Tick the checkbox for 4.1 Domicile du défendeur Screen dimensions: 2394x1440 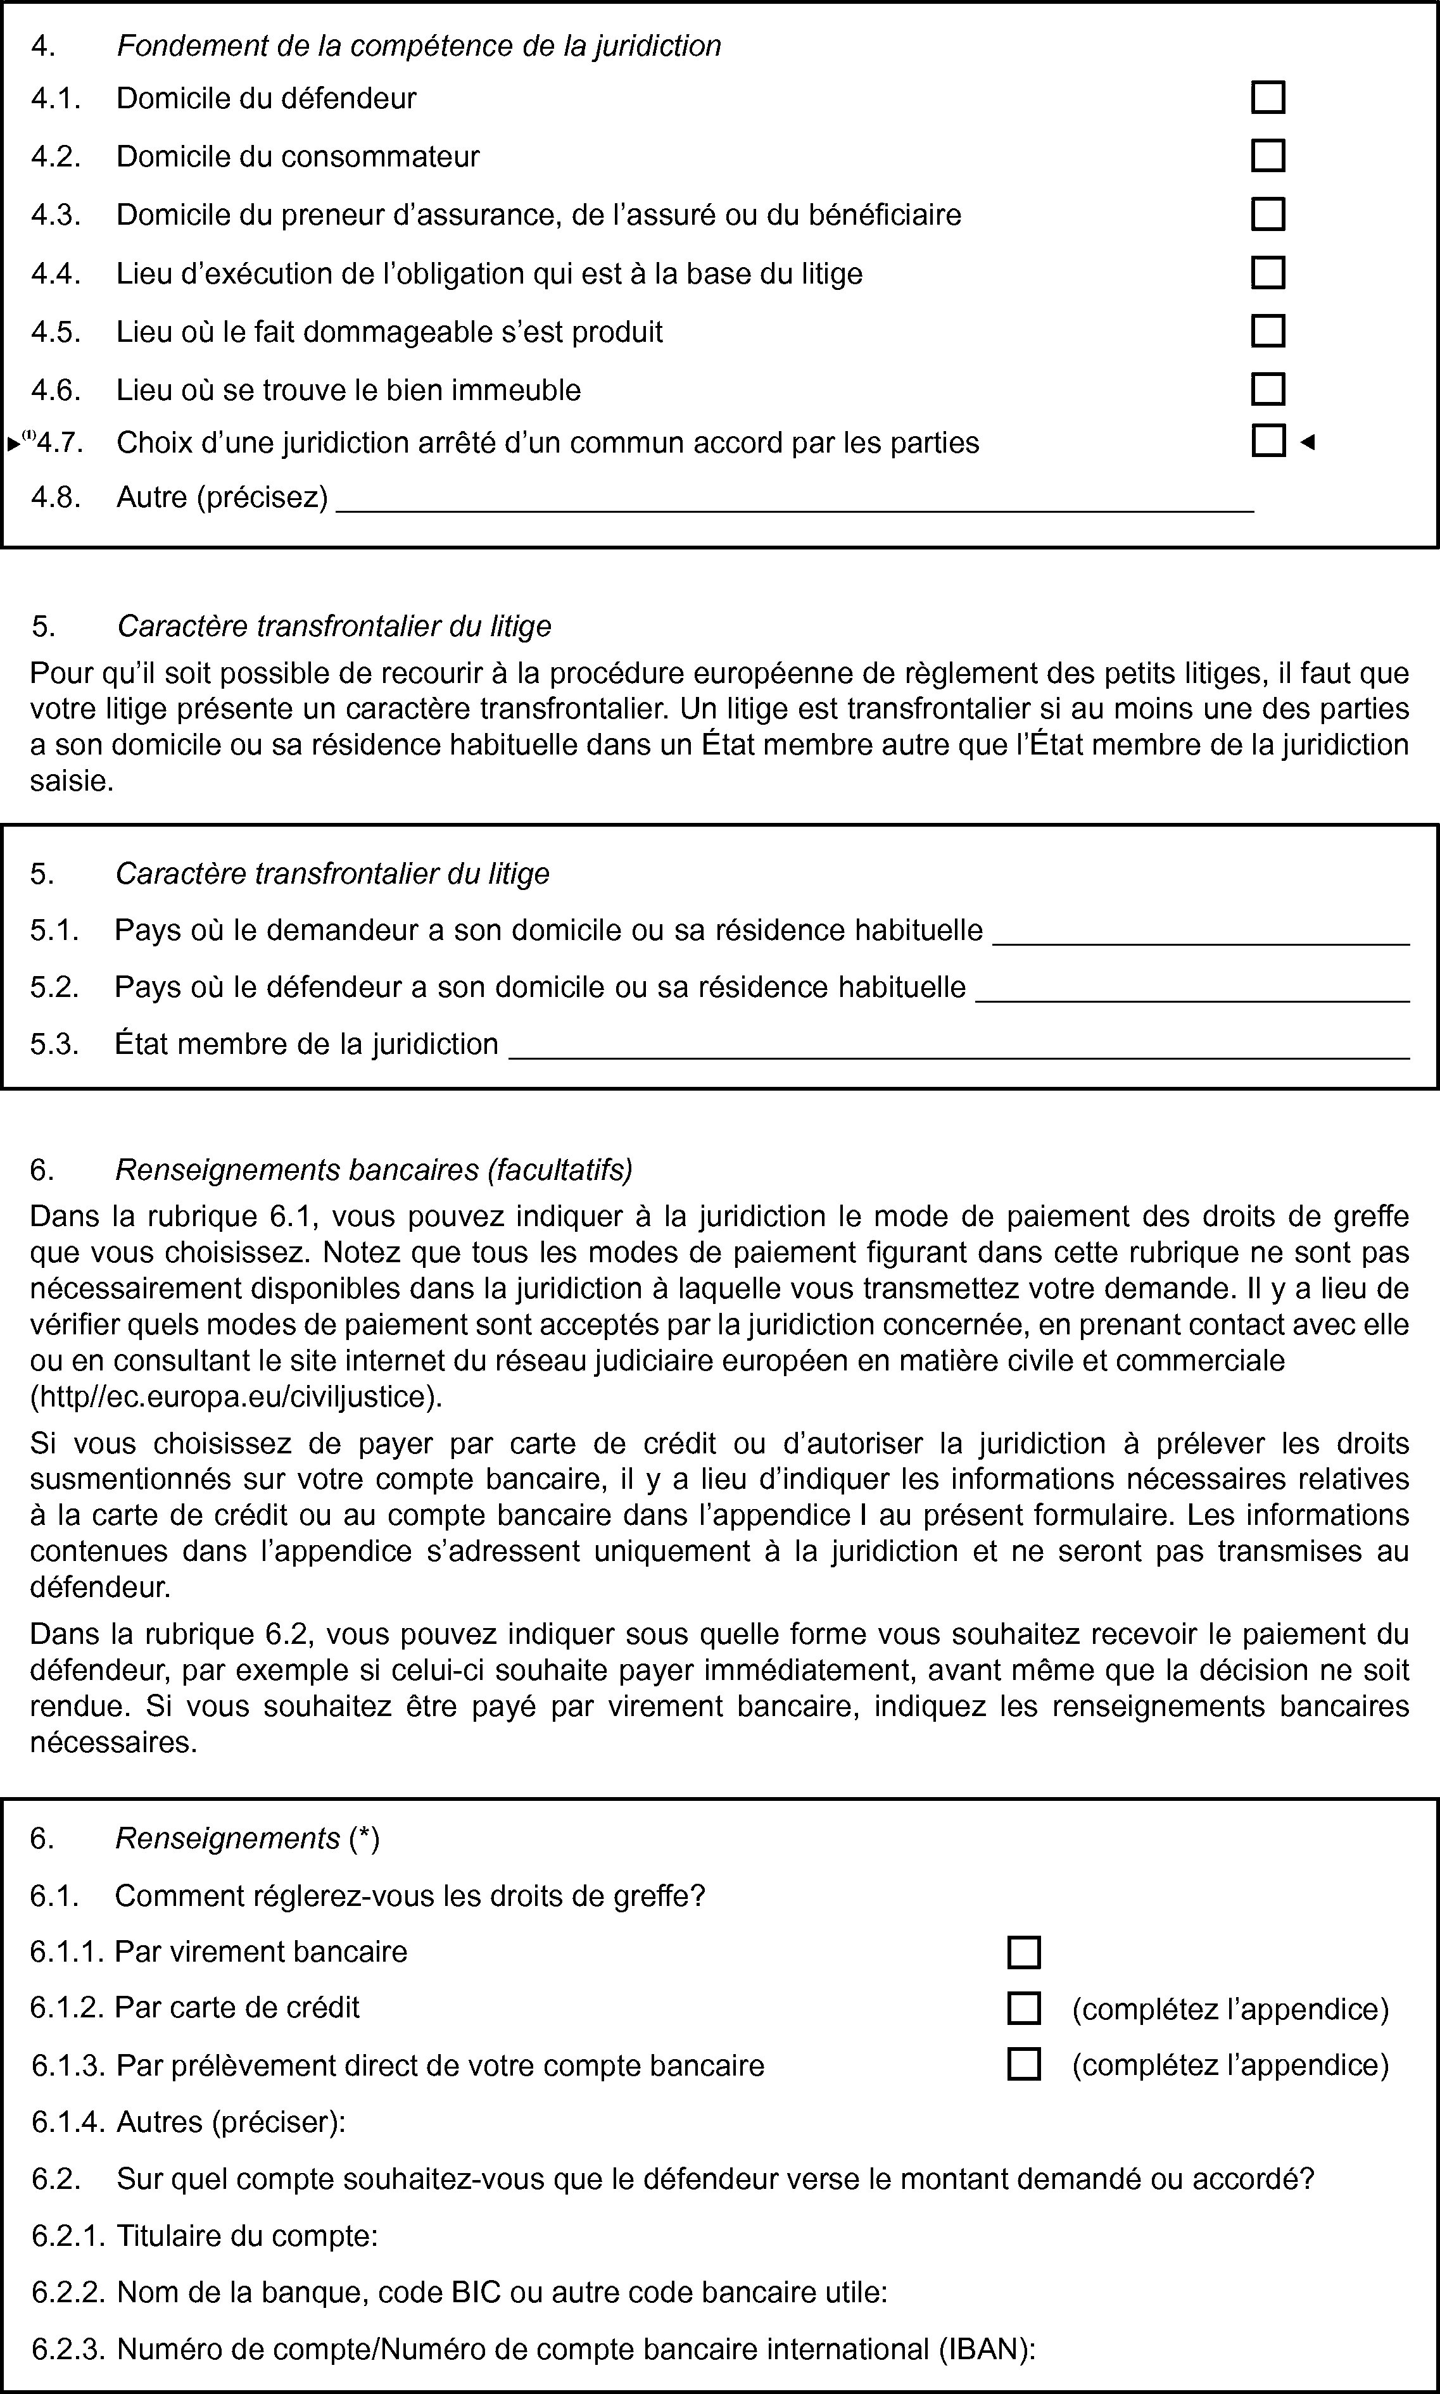(1267, 98)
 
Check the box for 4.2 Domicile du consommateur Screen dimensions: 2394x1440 (1267, 156)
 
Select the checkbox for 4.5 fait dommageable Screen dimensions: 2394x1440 (1267, 331)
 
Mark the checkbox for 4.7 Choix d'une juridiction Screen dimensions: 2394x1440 (1267, 441)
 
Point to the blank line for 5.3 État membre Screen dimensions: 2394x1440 (959, 1053)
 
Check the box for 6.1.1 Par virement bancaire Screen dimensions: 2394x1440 (1024, 1952)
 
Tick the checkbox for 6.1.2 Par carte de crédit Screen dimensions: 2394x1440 (1024, 2008)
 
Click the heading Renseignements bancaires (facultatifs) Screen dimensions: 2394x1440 (374, 1170)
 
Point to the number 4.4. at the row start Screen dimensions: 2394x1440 (55, 275)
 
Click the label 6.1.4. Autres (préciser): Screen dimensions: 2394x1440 (189, 2122)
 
